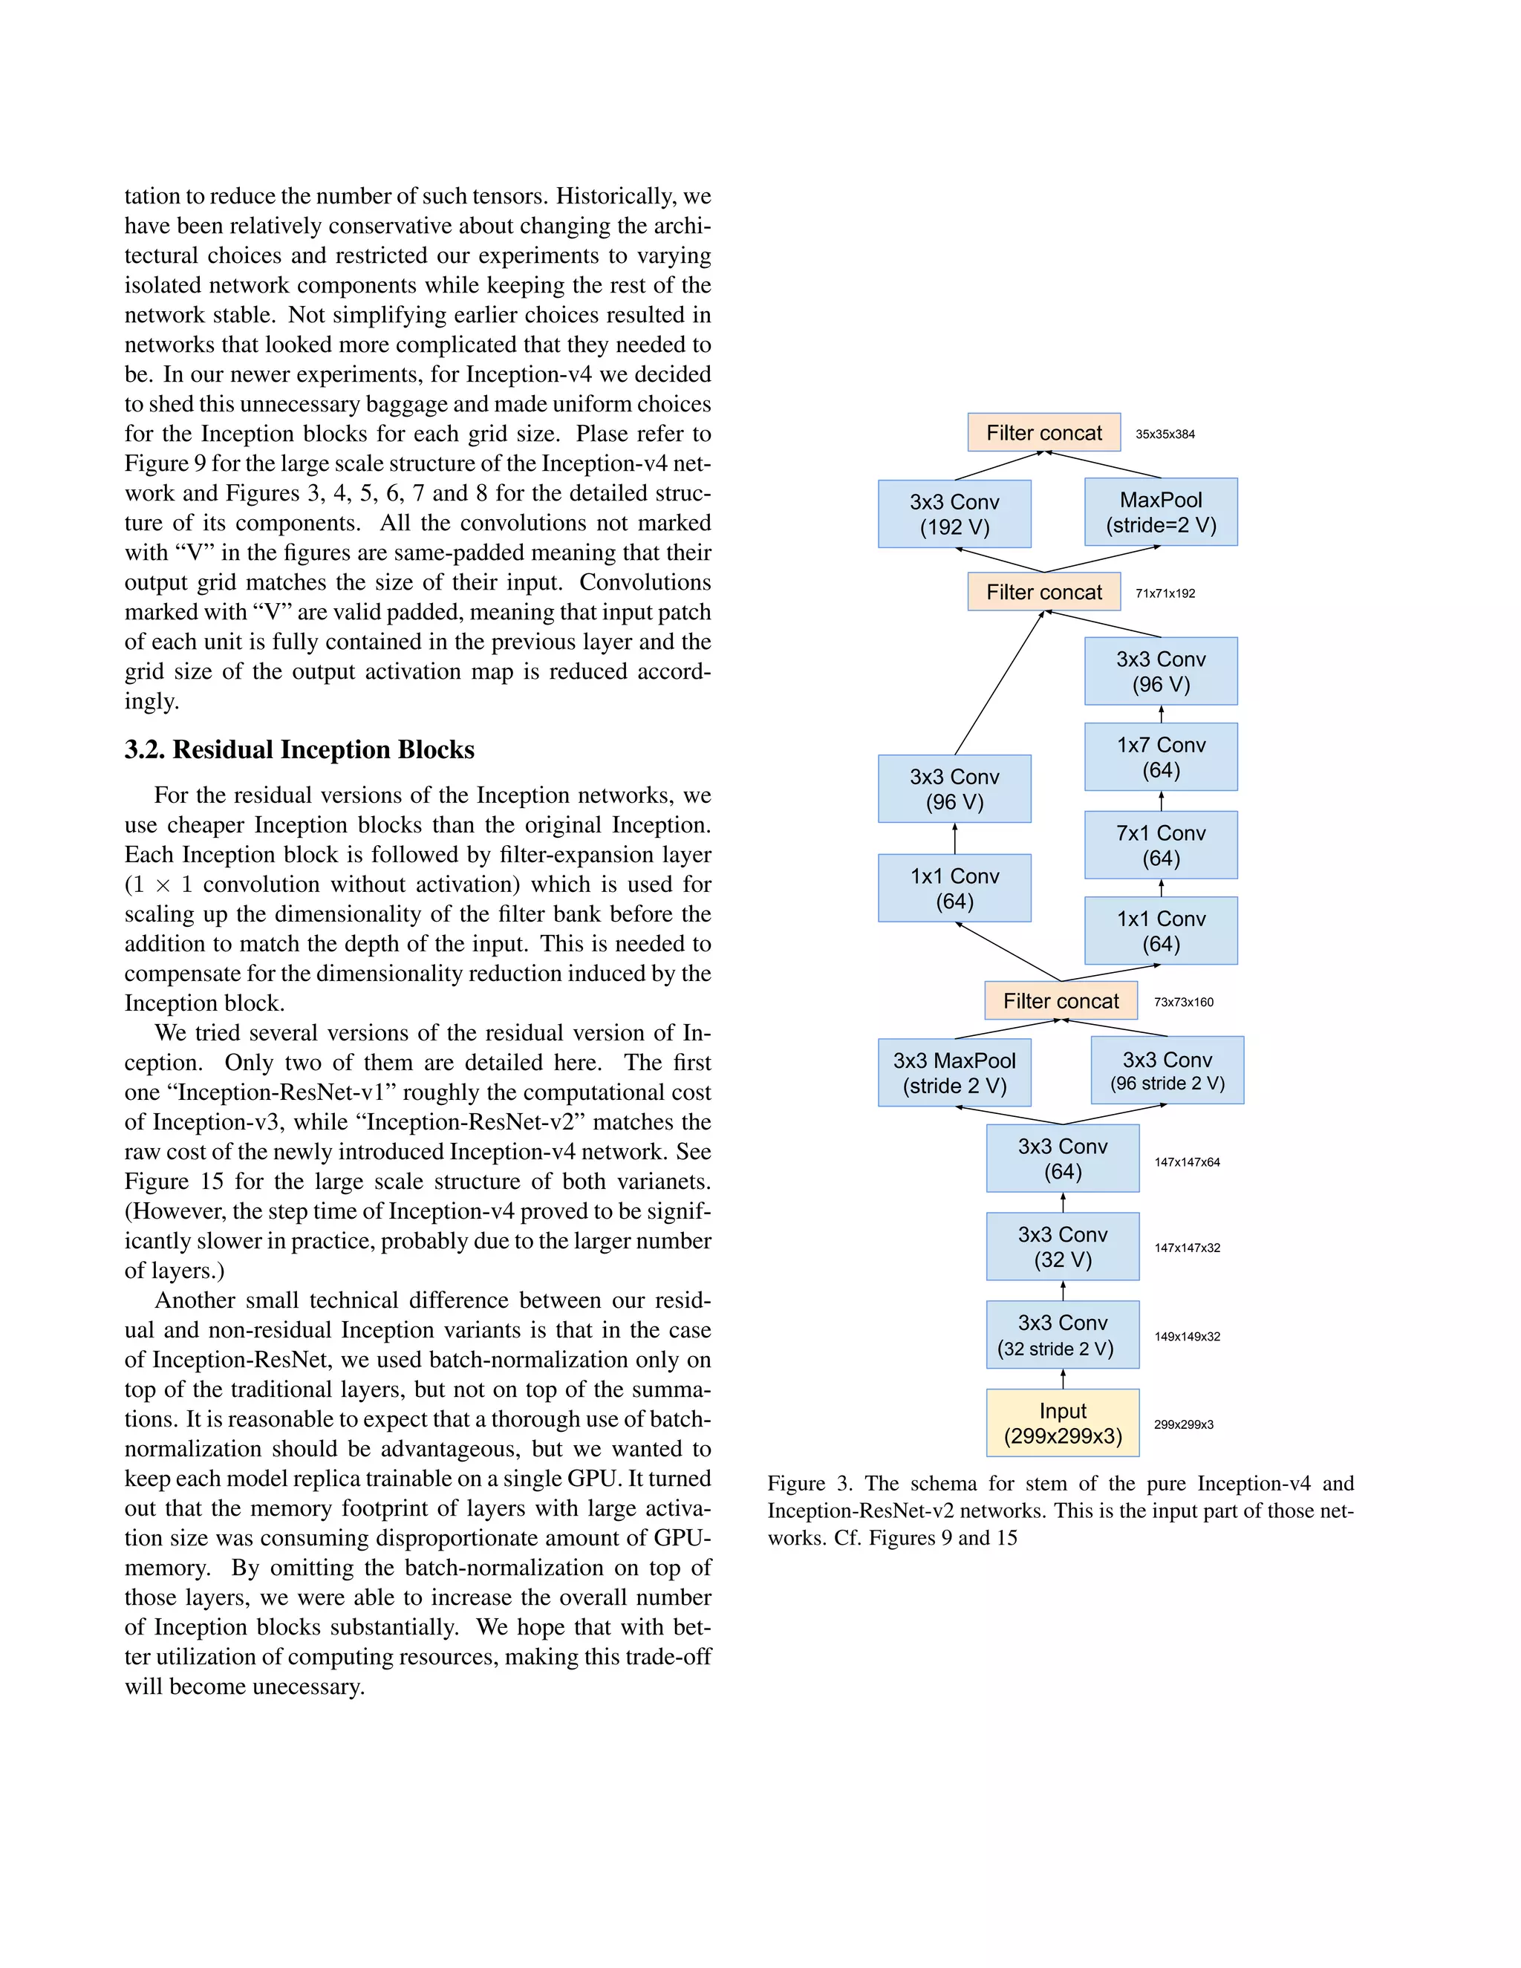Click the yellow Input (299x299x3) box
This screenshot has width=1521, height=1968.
[x=1062, y=1423]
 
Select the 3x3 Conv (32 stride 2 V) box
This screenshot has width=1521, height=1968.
[x=1062, y=1335]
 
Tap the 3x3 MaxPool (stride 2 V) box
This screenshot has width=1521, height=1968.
[x=954, y=1072]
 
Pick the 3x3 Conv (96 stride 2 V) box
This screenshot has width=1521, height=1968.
[x=1167, y=1070]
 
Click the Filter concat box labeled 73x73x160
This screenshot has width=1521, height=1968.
[x=1061, y=1001]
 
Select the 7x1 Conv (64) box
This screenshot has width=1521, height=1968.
[x=1161, y=845]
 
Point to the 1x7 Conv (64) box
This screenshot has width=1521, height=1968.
[x=1161, y=757]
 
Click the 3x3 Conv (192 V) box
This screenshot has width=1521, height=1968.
[x=954, y=514]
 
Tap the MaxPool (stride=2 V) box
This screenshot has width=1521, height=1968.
[x=1161, y=512]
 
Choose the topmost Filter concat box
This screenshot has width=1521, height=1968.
[x=1043, y=432]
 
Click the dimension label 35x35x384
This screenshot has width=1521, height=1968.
[x=1165, y=434]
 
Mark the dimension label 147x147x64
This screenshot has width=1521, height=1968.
[x=1187, y=1162]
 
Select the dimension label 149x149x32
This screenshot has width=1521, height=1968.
[x=1187, y=1336]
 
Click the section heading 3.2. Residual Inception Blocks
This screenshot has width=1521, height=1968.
[x=299, y=750]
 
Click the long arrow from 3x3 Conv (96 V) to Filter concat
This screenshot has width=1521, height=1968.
[x=998, y=683]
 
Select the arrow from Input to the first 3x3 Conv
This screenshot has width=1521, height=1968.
[x=1062, y=1378]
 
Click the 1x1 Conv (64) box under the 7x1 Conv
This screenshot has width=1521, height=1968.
[x=1161, y=931]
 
